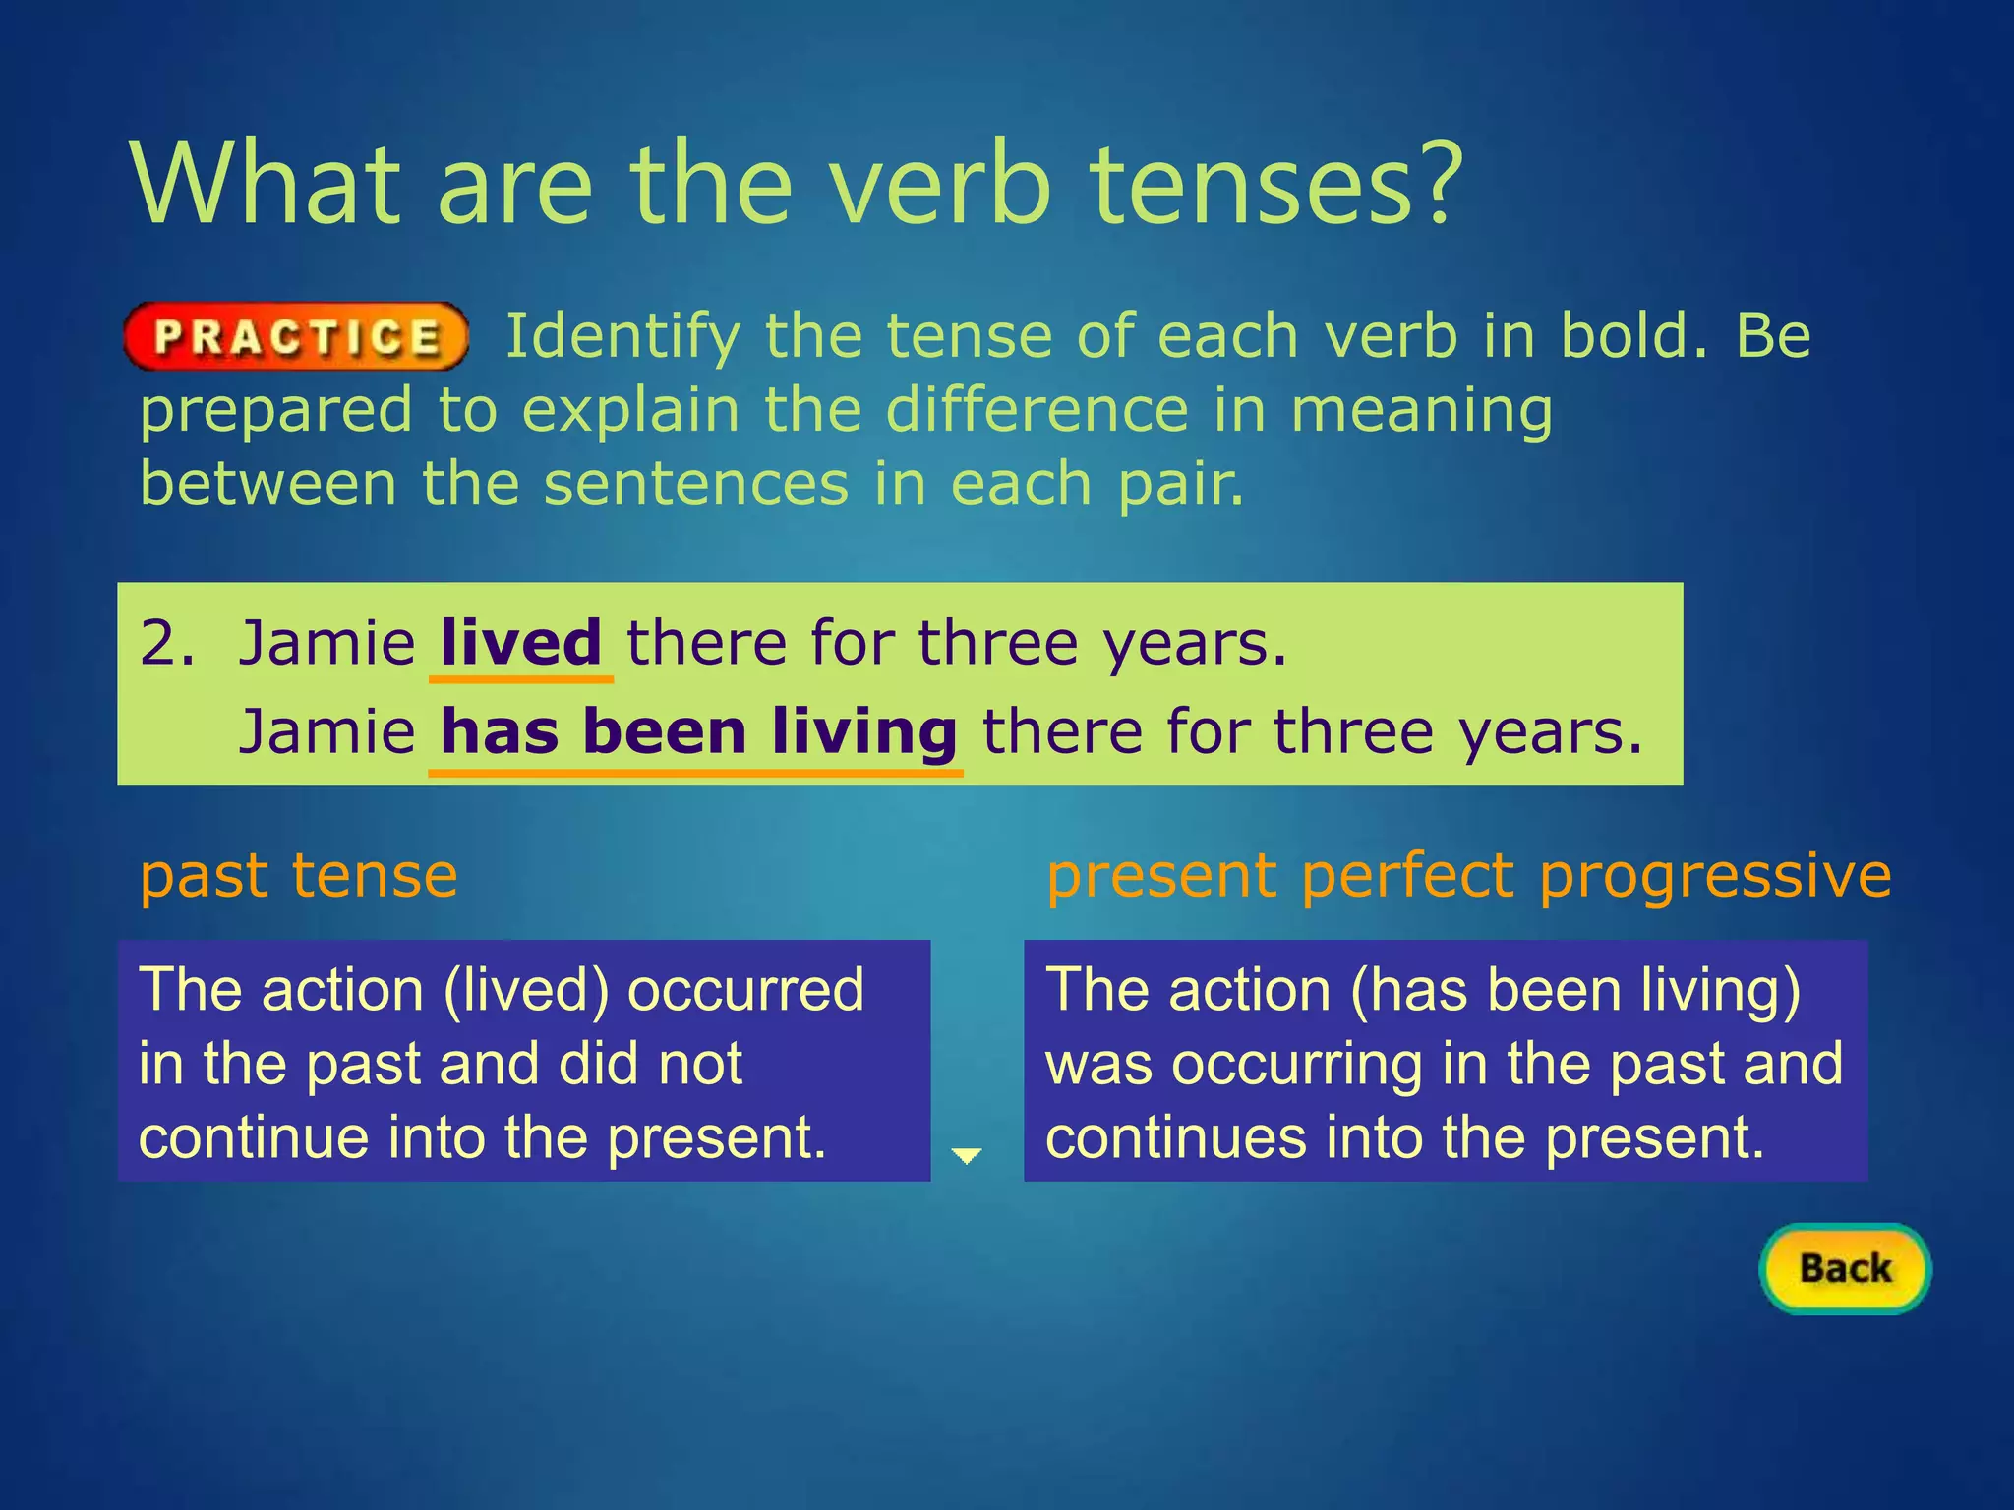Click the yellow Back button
pos(1845,1268)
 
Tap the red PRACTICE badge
pos(296,337)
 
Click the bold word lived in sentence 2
pos(520,643)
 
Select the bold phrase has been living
pos(697,732)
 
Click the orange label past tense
pos(299,875)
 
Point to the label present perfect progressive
pos(1469,875)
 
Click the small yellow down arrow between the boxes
pos(968,1155)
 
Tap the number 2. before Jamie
pos(166,643)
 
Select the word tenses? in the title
pos(1278,184)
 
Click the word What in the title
pos(266,184)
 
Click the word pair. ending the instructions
pos(1181,484)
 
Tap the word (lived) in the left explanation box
pos(526,989)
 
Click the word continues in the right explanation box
pos(1175,1137)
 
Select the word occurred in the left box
pos(745,989)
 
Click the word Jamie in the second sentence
pos(327,732)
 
